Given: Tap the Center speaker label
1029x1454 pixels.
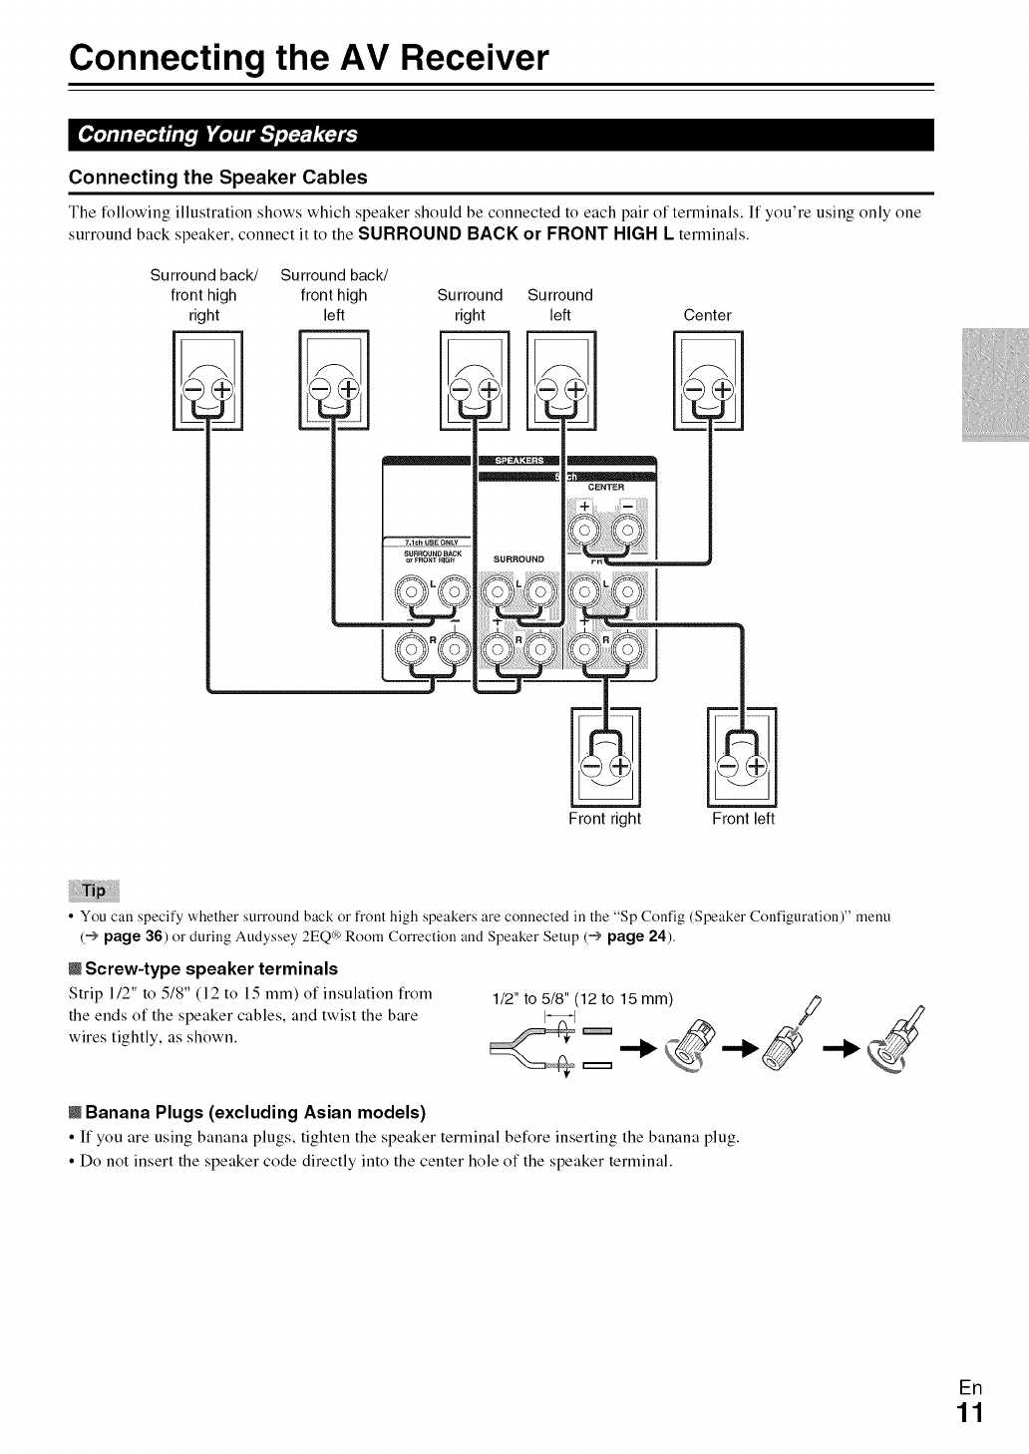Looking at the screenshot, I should coord(707,315).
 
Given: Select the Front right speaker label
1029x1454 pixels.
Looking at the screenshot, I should coord(604,819).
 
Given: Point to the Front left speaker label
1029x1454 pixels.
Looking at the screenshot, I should coord(743,819).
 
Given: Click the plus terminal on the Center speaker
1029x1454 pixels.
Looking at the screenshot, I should coord(722,388).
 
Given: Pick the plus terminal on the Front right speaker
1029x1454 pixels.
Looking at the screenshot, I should coord(619,766).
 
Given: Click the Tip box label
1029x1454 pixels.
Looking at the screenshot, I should coord(94,890).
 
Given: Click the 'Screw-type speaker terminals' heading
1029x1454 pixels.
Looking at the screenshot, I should coord(211,968).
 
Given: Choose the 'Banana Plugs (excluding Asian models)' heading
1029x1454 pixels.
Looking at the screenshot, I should coord(255,1112).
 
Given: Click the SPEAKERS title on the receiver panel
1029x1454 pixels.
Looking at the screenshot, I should coord(518,461).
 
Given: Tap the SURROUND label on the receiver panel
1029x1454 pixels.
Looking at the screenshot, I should coord(518,559).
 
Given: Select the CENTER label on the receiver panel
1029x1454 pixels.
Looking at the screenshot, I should coord(606,488).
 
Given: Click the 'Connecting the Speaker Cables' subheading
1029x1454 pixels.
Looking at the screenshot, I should coord(217,178).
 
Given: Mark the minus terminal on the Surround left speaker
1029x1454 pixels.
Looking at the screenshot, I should coord(548,388).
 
